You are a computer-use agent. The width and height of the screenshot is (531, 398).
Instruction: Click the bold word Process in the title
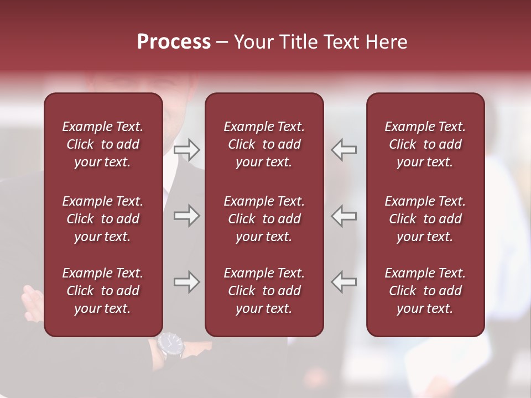174,42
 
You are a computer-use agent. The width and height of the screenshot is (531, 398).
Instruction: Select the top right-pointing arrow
187,150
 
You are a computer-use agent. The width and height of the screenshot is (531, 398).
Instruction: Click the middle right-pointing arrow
187,216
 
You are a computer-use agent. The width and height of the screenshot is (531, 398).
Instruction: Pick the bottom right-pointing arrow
187,282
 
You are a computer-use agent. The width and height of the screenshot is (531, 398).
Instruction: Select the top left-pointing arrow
344,150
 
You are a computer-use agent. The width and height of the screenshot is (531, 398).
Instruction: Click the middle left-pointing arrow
344,216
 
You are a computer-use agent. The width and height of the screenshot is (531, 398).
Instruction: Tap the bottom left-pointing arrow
344,282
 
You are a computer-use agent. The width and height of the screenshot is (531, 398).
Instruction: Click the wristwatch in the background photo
170,345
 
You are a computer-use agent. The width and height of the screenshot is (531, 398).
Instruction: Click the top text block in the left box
103,144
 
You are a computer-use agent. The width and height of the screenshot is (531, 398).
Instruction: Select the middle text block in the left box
103,219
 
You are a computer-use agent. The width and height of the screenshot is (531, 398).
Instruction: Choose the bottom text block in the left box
103,291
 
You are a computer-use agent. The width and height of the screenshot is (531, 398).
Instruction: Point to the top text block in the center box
264,144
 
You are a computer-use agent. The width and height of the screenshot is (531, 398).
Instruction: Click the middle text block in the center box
264,219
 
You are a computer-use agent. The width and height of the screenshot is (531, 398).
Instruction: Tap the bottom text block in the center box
264,291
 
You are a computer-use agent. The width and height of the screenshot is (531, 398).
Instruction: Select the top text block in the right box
425,144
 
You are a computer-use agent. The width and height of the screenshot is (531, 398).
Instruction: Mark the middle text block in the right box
425,219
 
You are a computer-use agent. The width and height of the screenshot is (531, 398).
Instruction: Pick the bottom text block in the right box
425,291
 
